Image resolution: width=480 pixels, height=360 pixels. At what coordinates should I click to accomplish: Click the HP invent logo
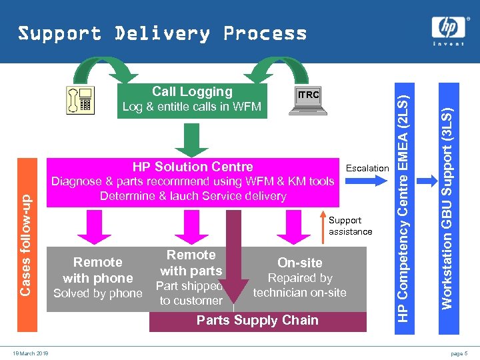pyautogui.click(x=447, y=31)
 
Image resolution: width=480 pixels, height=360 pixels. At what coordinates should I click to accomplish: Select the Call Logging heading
pyautogui.click(x=192, y=92)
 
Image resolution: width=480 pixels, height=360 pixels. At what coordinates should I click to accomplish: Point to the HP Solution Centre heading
pyautogui.click(x=193, y=167)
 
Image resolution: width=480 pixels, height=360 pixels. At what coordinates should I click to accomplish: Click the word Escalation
pyautogui.click(x=367, y=168)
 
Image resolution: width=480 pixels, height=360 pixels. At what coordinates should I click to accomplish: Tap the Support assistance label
pyautogui.click(x=350, y=226)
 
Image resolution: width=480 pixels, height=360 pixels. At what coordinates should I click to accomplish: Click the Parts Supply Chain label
pyautogui.click(x=257, y=321)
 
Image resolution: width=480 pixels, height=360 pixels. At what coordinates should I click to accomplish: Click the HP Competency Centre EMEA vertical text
pyautogui.click(x=403, y=200)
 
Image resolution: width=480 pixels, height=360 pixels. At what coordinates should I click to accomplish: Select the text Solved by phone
pyautogui.click(x=98, y=294)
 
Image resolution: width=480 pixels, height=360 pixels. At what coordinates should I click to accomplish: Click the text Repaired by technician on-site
pyautogui.click(x=300, y=285)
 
